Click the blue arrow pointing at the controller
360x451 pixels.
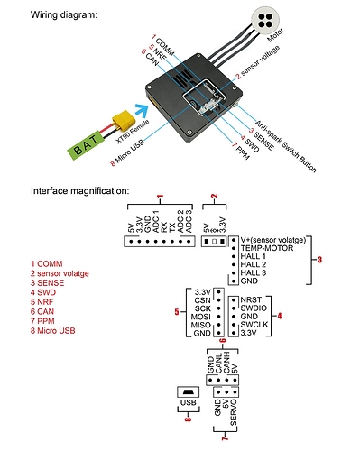click(142, 111)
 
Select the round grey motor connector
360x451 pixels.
click(265, 21)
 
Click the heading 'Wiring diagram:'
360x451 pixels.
click(64, 14)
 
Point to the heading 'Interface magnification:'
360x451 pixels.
click(79, 190)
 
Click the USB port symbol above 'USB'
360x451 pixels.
click(189, 391)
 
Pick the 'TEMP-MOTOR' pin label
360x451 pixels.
click(267, 248)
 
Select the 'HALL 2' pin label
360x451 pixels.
click(254, 264)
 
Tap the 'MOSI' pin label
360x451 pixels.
click(200, 317)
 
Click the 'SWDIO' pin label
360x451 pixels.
click(254, 308)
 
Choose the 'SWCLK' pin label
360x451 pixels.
click(254, 325)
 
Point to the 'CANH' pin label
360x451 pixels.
click(226, 363)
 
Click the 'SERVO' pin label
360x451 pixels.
click(234, 413)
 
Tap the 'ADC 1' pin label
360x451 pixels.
click(156, 221)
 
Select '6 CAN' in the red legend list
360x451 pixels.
click(42, 311)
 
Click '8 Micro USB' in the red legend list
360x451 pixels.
click(52, 331)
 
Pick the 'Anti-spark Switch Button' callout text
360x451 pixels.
click(285, 146)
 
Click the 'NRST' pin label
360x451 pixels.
click(251, 299)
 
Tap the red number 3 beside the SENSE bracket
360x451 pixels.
click(319, 260)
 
